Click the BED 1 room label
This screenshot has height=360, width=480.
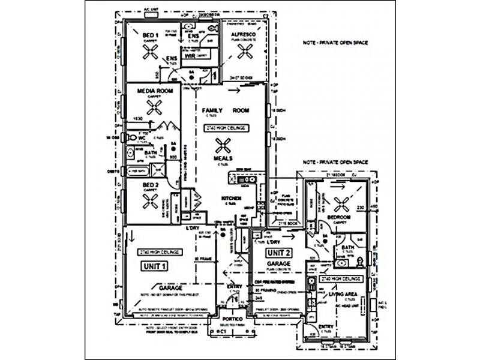pos(150,35)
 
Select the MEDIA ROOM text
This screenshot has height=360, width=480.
pos(151,92)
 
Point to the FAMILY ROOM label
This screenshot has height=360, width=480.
pos(225,112)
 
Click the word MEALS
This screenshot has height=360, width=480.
pos(223,158)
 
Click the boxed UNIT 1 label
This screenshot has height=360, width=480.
pos(155,265)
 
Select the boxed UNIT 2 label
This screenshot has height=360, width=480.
pos(280,253)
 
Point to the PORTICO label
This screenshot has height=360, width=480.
pos(230,318)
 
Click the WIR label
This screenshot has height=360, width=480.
pos(190,56)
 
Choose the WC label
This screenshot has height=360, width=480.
pos(142,137)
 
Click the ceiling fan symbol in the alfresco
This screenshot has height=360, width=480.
pos(244,52)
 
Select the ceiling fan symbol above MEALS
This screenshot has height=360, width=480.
pos(223,144)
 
